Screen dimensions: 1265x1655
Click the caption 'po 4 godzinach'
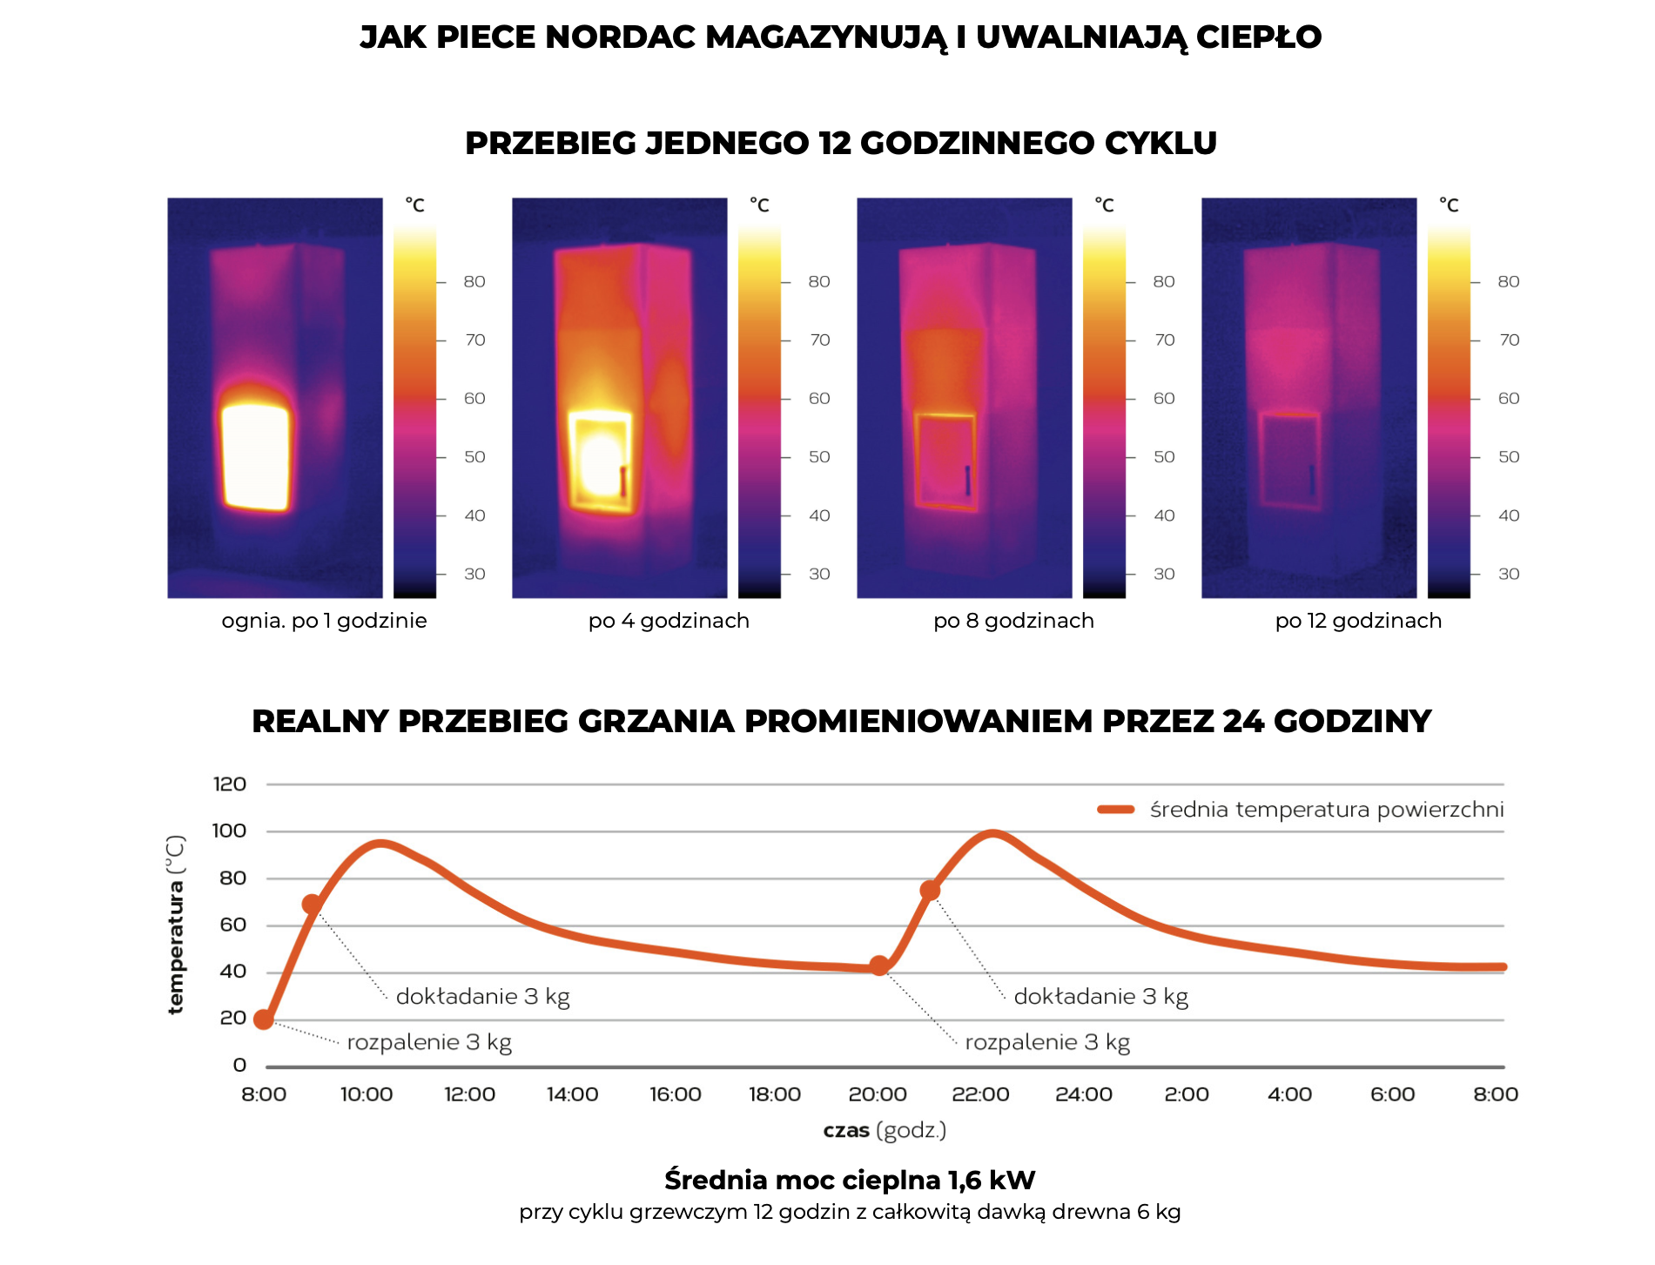point(669,621)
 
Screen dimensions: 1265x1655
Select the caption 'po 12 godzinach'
point(1358,621)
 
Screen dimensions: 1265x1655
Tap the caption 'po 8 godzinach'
point(1013,621)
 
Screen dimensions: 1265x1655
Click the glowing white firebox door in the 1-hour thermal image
point(255,457)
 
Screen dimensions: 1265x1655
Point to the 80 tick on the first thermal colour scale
point(474,282)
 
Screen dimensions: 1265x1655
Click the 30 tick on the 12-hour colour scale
point(1509,574)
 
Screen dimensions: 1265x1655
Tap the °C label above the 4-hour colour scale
point(759,205)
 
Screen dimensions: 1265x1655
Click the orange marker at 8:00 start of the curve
point(264,1019)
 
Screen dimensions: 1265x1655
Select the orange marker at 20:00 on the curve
point(879,966)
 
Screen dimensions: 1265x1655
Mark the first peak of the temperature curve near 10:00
point(380,843)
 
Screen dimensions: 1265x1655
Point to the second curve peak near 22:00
point(992,833)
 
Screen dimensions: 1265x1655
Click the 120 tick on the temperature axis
point(230,784)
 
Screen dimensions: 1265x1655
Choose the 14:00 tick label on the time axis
point(572,1094)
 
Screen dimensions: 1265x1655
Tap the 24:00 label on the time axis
point(1083,1094)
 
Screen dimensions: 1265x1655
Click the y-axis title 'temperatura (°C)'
point(176,925)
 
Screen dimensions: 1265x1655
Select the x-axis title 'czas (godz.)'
point(885,1131)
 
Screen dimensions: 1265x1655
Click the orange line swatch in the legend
point(1116,810)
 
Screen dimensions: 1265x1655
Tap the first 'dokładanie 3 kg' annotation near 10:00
point(482,997)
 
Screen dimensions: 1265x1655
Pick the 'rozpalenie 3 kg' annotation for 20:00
point(1047,1042)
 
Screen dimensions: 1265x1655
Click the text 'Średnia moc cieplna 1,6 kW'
point(850,1181)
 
